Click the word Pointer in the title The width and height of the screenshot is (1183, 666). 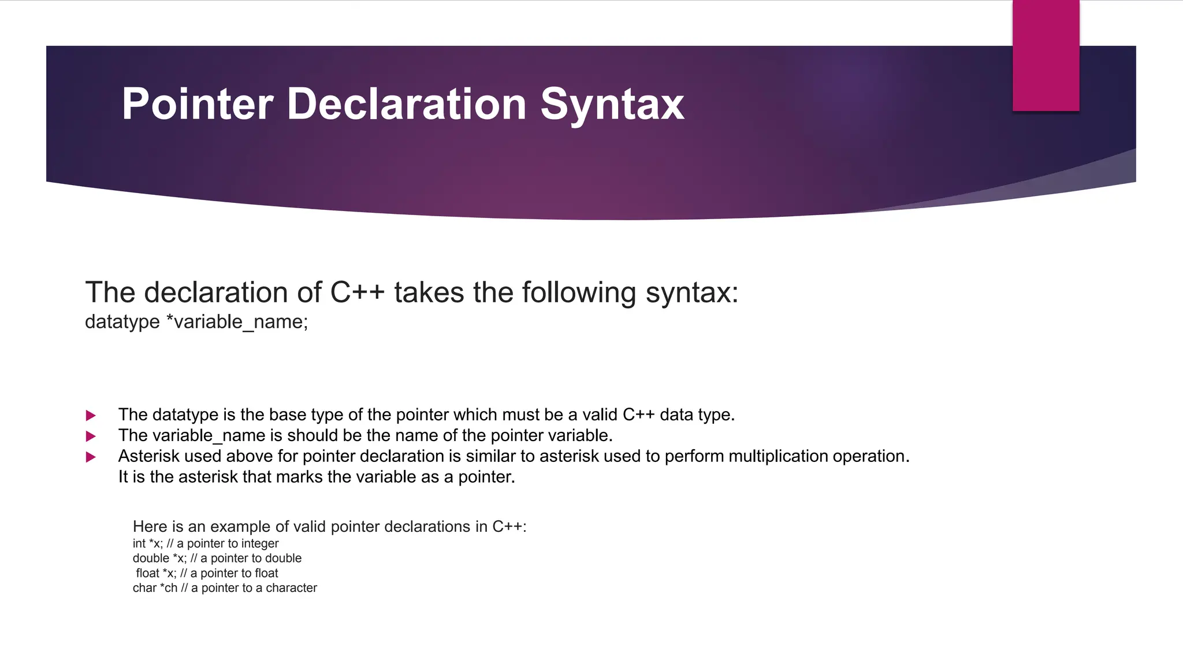[x=197, y=104]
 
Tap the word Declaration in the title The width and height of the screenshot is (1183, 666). [x=406, y=104]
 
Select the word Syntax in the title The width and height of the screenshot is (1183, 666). [x=612, y=105]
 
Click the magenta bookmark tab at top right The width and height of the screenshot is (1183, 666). [x=1046, y=55]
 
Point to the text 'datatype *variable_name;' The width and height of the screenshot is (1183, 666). [x=196, y=321]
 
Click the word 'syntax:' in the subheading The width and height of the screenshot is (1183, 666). [x=692, y=293]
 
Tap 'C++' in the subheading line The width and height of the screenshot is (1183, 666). [x=357, y=293]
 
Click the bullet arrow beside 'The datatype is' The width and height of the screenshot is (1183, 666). [x=91, y=415]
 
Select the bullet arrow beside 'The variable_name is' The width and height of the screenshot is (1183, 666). [x=91, y=436]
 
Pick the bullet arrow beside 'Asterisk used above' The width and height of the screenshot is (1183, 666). [x=91, y=457]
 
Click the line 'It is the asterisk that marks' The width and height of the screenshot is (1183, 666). [x=317, y=477]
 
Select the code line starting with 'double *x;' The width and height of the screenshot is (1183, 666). [x=217, y=558]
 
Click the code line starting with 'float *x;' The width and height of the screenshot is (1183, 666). [x=207, y=573]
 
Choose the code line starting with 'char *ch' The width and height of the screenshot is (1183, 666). [x=225, y=588]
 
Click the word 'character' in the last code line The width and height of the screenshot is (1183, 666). [x=291, y=588]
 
